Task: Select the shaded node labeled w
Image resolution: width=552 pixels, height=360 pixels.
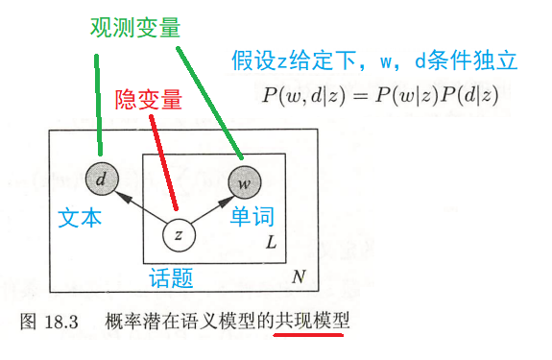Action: [x=244, y=179]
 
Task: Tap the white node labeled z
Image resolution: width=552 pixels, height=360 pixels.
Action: [x=179, y=234]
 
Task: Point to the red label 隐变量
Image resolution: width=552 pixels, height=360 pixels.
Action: [x=149, y=100]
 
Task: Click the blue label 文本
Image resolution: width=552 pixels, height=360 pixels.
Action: [x=80, y=218]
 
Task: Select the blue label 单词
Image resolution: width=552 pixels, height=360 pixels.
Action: [x=252, y=218]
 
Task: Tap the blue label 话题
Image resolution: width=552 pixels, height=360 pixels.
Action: [x=171, y=279]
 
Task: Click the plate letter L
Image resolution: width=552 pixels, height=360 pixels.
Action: [x=271, y=245]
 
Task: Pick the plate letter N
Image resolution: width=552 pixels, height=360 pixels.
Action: [x=299, y=277]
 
